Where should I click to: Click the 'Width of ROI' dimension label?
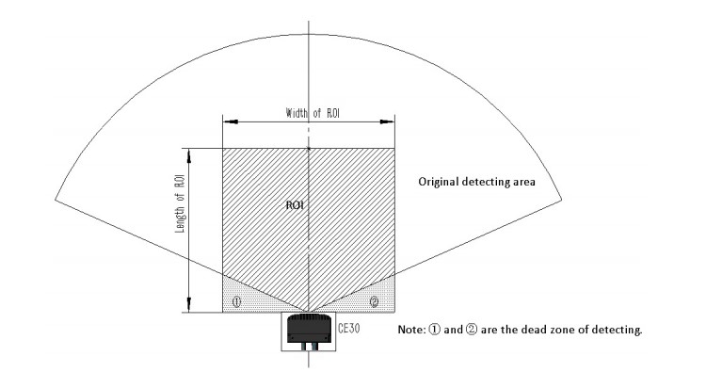tap(313, 113)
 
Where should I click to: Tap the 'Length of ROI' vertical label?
tap(180, 203)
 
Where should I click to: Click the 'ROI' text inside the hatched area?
tap(295, 205)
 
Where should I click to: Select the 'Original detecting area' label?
tap(476, 182)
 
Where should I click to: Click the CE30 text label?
tap(349, 329)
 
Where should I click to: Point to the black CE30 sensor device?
tap(309, 330)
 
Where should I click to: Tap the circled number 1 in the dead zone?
tap(236, 301)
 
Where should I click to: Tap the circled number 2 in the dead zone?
tap(375, 301)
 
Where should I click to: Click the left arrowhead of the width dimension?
tap(231, 121)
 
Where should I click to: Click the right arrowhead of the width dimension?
tap(387, 121)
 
